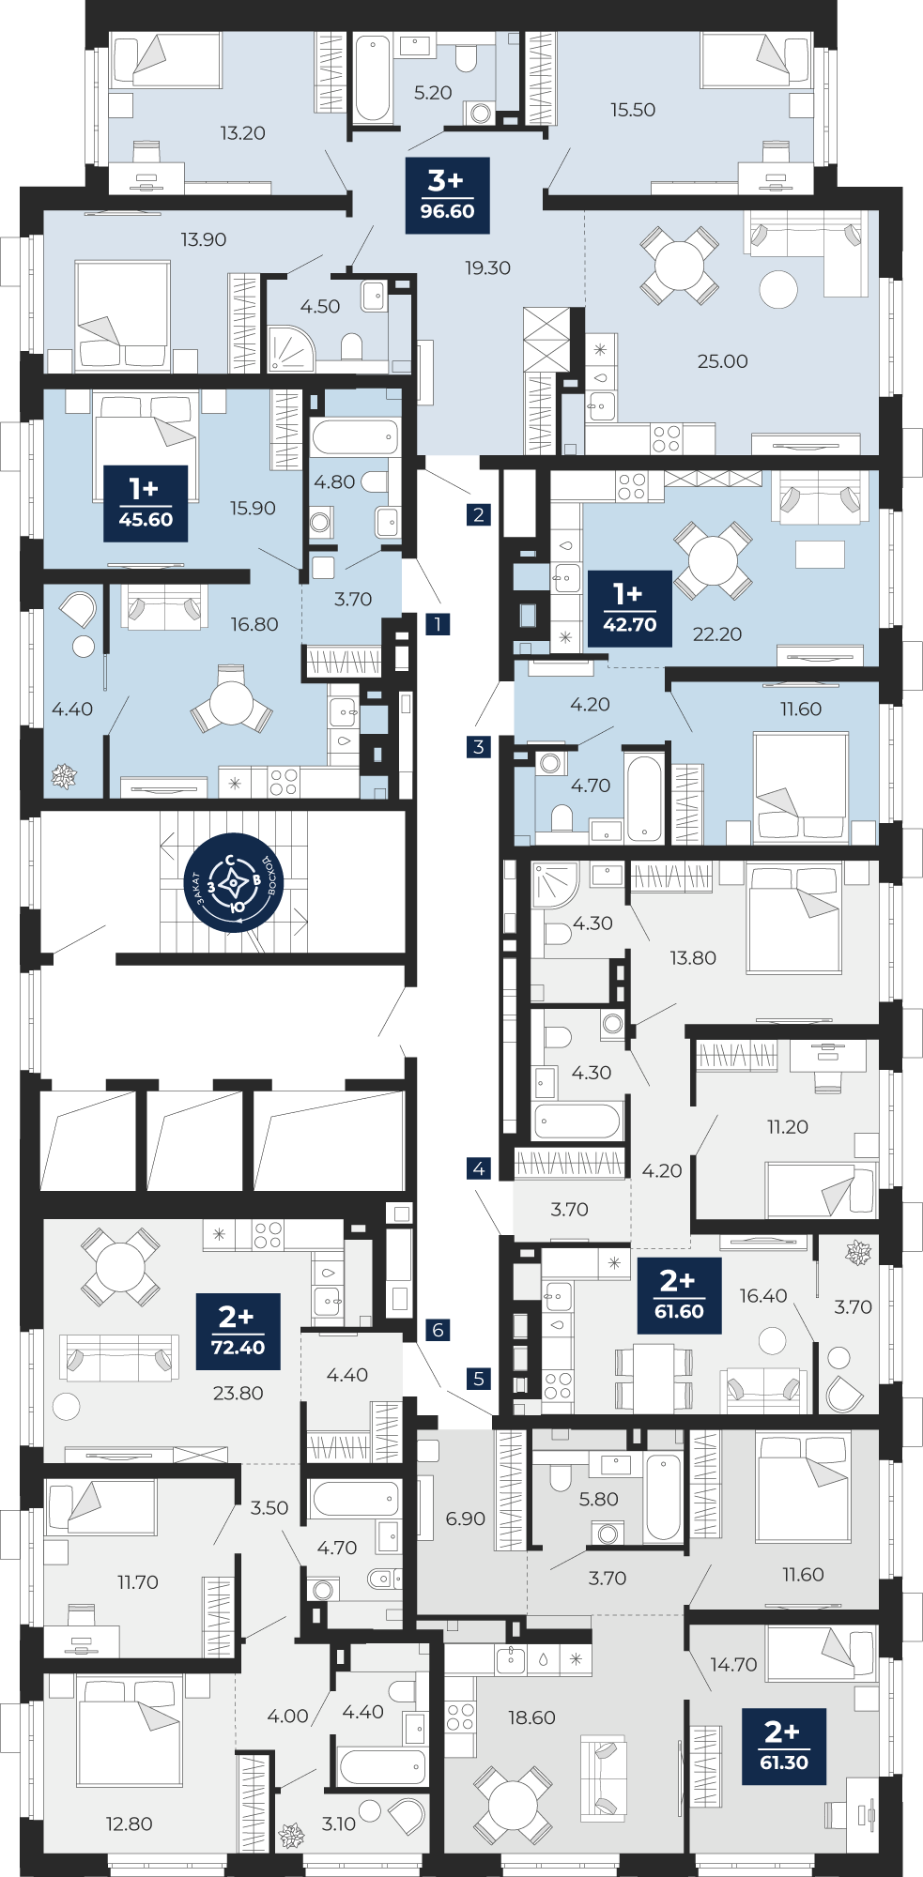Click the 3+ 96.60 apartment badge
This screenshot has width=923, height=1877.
[447, 195]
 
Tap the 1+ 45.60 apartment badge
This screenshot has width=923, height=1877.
[146, 503]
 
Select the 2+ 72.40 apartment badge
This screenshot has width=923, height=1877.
[238, 1331]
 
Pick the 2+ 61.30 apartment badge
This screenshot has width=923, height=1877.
[784, 1747]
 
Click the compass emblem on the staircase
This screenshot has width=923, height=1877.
[234, 884]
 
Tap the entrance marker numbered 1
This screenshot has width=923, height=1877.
[437, 623]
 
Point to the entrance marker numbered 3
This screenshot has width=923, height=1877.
[479, 747]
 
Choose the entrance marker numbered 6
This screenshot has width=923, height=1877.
[438, 1330]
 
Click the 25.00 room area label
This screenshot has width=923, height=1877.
[722, 361]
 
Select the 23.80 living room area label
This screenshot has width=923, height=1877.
[238, 1393]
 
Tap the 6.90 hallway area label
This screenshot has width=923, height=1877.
[466, 1518]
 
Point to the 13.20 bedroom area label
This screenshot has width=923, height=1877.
[242, 133]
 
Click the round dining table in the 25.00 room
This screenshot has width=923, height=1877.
[680, 266]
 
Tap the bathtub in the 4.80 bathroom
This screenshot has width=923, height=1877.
[355, 437]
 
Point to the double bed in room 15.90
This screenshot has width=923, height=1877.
[146, 432]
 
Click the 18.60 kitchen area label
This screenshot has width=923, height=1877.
[531, 1717]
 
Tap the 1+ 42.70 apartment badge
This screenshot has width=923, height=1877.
[630, 608]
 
